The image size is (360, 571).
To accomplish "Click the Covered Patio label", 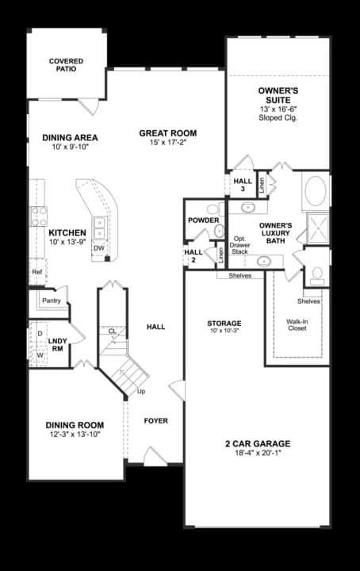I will (x=66, y=65).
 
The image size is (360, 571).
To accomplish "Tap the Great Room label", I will (x=167, y=133).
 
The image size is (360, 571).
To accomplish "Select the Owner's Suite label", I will (x=278, y=95).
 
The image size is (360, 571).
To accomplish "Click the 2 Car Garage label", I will (x=256, y=443).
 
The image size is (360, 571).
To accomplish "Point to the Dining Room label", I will (x=75, y=425).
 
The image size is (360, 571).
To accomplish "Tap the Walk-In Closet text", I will (x=297, y=324).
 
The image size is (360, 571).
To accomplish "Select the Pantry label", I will (x=51, y=301).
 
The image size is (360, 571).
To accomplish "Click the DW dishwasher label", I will (x=98, y=248).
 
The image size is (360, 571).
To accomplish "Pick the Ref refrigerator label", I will (x=36, y=272).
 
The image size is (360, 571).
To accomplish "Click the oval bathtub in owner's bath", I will (x=315, y=192).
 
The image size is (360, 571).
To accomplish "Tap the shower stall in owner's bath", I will (x=319, y=228).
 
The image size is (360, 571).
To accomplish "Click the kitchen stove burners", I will (x=37, y=216).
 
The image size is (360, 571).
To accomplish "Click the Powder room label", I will (x=203, y=220).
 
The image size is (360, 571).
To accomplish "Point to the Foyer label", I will (x=155, y=420).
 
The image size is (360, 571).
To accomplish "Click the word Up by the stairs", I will (x=141, y=392).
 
